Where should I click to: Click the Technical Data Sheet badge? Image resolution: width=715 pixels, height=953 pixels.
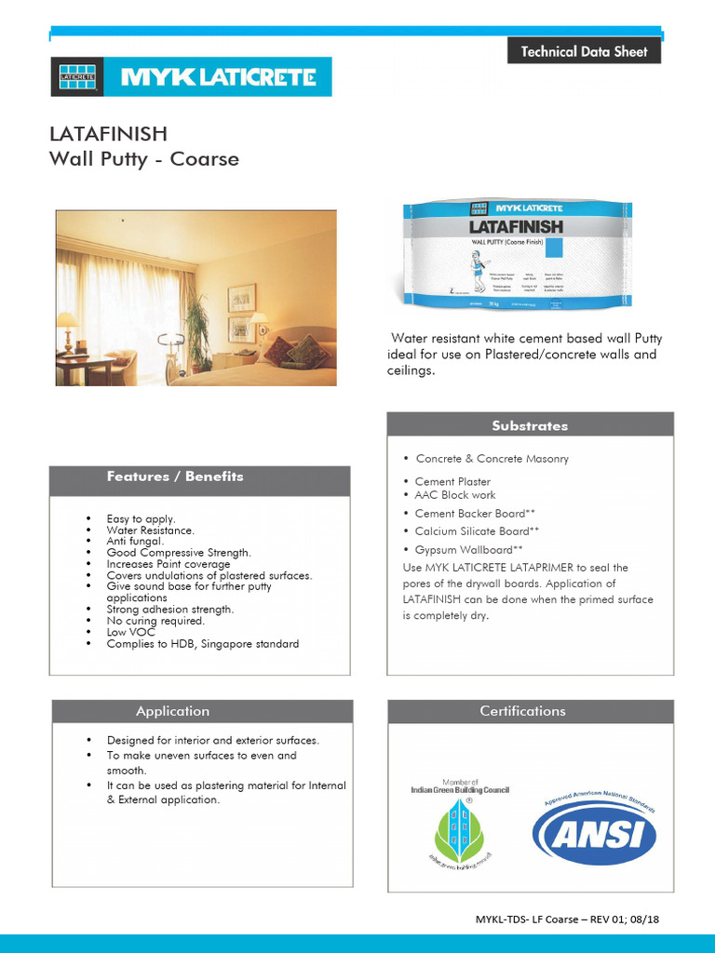[x=584, y=51]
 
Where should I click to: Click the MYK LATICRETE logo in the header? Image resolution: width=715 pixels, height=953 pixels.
[x=190, y=77]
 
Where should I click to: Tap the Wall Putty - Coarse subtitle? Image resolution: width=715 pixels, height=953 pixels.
[x=143, y=159]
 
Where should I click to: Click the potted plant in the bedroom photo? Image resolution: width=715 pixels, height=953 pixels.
[x=196, y=331]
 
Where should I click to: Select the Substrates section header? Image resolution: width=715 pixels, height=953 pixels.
[x=530, y=425]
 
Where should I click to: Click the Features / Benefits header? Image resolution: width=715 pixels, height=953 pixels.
[x=175, y=476]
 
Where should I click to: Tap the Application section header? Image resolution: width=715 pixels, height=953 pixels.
[x=172, y=711]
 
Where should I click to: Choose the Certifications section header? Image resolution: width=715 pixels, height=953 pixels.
[x=522, y=711]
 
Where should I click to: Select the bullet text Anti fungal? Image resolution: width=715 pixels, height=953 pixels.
[x=135, y=541]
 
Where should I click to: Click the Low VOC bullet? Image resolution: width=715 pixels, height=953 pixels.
[x=129, y=632]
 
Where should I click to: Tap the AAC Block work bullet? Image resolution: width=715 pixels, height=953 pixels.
[x=455, y=495]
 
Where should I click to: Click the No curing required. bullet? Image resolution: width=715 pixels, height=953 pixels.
[x=155, y=621]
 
